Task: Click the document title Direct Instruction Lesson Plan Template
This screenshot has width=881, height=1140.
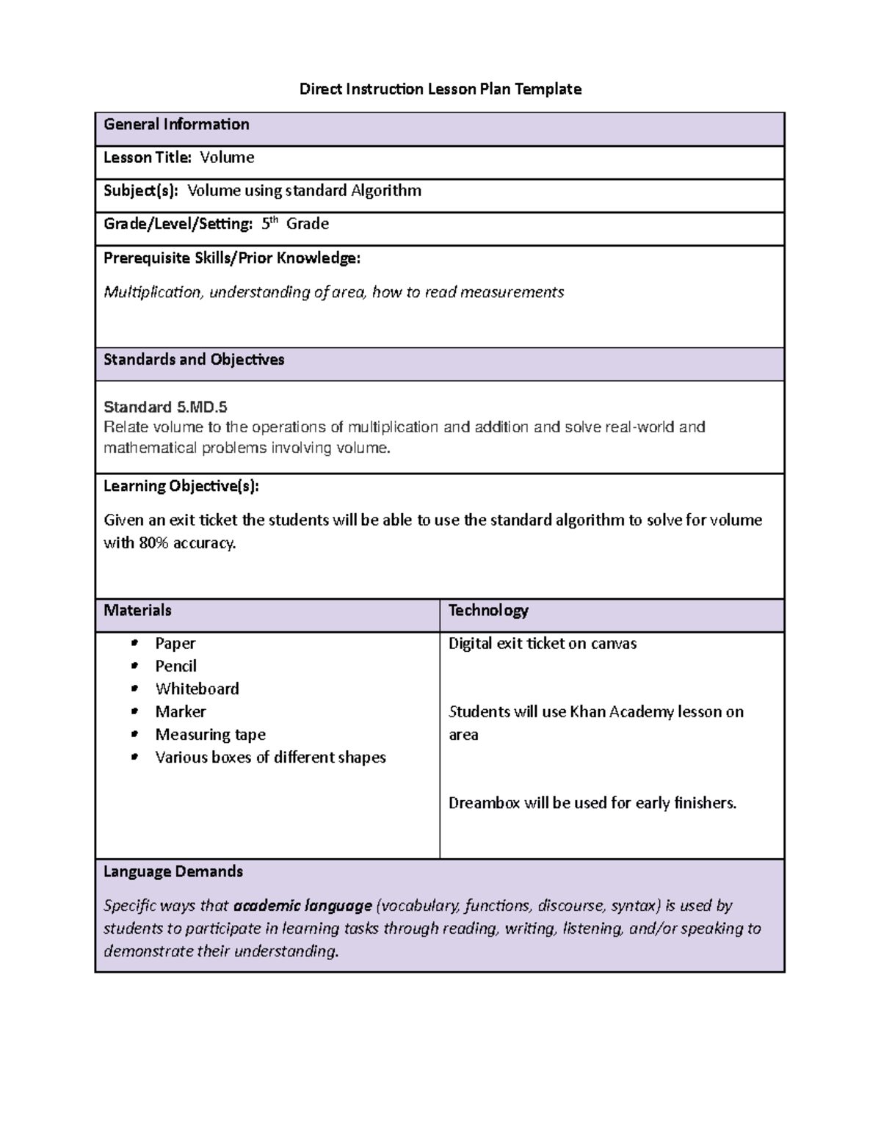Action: pos(440,90)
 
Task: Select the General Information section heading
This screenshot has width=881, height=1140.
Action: pos(176,125)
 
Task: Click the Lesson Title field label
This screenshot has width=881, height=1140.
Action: pos(147,158)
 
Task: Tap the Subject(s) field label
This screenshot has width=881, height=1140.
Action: pos(140,191)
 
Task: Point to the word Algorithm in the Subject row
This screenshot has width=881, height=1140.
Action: pos(385,191)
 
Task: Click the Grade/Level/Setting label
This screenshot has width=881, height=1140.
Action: pos(178,224)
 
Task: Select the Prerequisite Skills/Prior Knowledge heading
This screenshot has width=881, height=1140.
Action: pos(231,258)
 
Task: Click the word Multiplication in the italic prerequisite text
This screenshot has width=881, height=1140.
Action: pos(152,292)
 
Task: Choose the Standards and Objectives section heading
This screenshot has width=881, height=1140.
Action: pos(194,360)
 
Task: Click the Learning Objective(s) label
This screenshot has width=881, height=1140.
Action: pos(181,486)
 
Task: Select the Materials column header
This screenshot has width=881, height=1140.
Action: pos(137,611)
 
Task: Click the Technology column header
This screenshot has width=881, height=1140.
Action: pos(488,611)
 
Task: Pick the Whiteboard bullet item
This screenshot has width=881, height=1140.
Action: pos(197,689)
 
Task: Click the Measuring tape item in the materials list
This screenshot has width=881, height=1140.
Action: pos(210,735)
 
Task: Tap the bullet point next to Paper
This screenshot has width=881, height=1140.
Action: pos(134,644)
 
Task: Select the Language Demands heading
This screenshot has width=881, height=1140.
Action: pos(173,872)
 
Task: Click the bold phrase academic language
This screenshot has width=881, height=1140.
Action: pos(302,906)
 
